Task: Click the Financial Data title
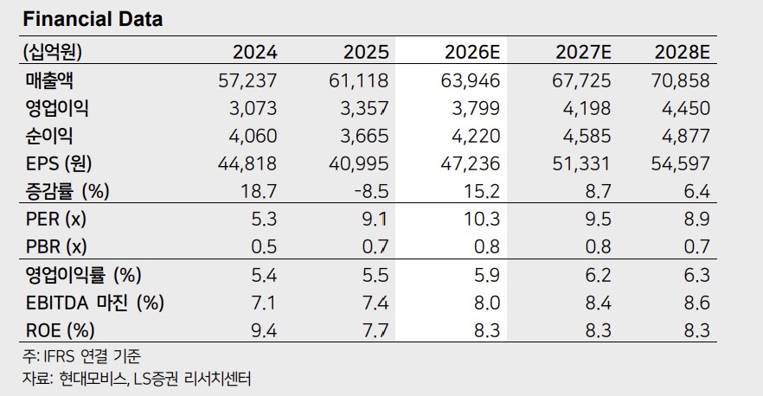pyautogui.click(x=93, y=20)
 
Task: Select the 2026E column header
pyautogui.click(x=472, y=52)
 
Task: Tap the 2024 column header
pyautogui.click(x=254, y=52)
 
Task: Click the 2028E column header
pyautogui.click(x=682, y=52)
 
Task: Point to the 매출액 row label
pyautogui.click(x=49, y=80)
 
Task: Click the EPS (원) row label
pyautogui.click(x=59, y=164)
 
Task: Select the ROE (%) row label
pyautogui.click(x=60, y=331)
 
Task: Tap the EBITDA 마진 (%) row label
pyautogui.click(x=95, y=303)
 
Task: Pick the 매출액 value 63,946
pyautogui.click(x=471, y=80)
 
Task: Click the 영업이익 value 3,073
pyautogui.click(x=253, y=108)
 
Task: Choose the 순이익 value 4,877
pyautogui.click(x=686, y=136)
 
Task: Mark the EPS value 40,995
pyautogui.click(x=359, y=164)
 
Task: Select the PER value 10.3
pyautogui.click(x=482, y=220)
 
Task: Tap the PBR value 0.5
pyautogui.click(x=264, y=247)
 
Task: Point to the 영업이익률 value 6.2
pyautogui.click(x=598, y=275)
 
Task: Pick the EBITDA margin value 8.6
pyautogui.click(x=697, y=303)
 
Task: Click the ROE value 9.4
pyautogui.click(x=264, y=331)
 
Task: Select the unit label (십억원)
pyautogui.click(x=52, y=52)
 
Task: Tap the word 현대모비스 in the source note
pyautogui.click(x=93, y=379)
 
